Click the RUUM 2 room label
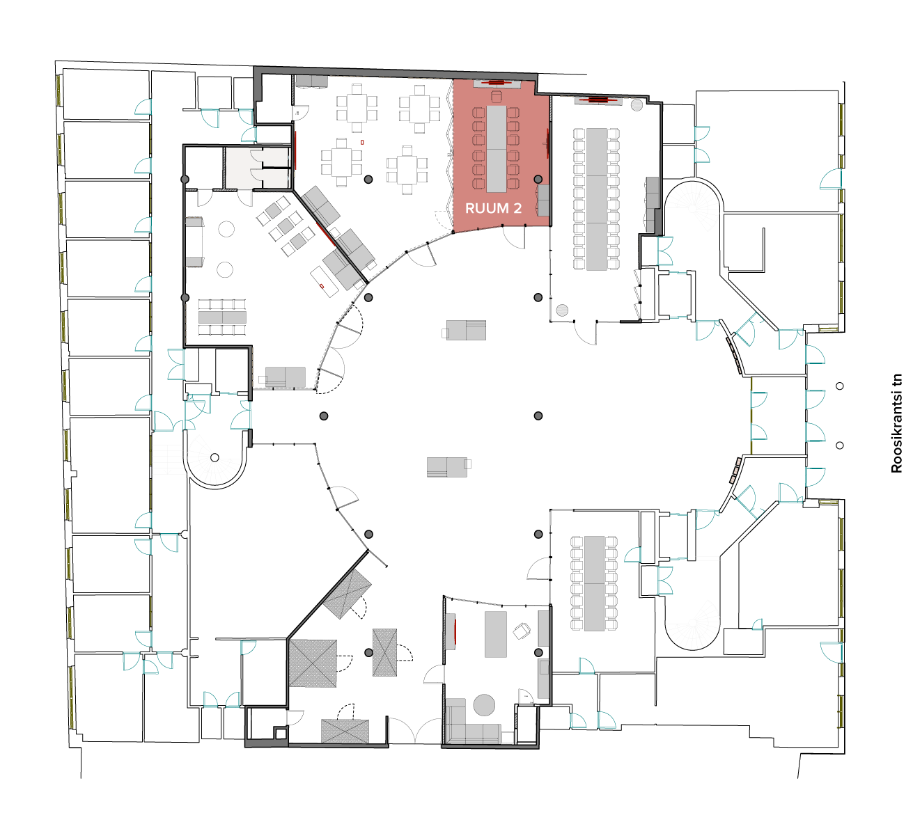pos(493,208)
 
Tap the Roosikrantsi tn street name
pos(896,424)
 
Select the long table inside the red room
pos(496,149)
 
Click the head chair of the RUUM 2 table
pos(496,97)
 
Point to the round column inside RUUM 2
pos(538,180)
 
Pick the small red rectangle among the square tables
pos(362,143)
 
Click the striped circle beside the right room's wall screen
pos(637,105)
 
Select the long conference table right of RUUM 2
pos(597,199)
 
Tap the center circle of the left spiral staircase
pos(214,457)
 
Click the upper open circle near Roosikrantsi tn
pos(840,386)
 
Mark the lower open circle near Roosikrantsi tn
pos(840,445)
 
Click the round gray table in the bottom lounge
pos(484,705)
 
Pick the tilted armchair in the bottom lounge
pos(522,631)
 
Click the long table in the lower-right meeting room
pos(594,583)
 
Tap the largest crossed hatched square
pos(313,663)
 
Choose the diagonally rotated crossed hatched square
pos(348,594)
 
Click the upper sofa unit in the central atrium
pos(466,330)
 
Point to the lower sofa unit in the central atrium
pos(447,467)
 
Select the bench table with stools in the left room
pos(222,317)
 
